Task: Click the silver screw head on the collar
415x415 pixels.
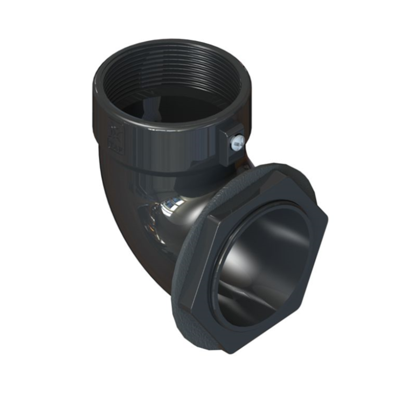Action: (x=237, y=142)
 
